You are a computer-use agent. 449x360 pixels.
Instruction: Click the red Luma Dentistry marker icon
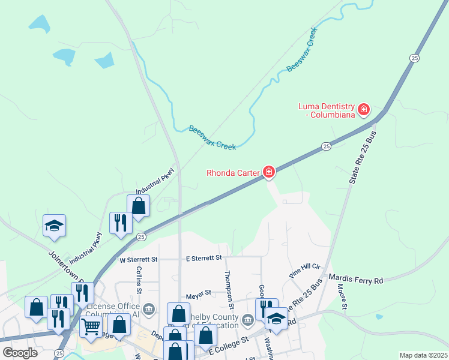click(363, 110)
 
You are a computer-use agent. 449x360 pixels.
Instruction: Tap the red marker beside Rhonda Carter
click(269, 173)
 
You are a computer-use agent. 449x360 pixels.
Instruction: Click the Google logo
click(20, 353)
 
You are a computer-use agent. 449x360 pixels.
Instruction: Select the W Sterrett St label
click(138, 260)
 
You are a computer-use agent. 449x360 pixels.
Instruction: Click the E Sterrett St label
click(203, 257)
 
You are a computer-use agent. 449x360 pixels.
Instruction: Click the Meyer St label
click(199, 293)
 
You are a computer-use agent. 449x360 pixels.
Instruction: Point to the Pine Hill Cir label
click(305, 268)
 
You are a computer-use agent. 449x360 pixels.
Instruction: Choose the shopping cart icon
click(91, 326)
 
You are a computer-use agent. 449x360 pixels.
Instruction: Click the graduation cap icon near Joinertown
click(54, 226)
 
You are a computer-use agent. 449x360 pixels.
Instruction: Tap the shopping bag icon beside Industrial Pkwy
click(138, 205)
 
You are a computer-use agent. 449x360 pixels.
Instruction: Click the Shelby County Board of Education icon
click(248, 318)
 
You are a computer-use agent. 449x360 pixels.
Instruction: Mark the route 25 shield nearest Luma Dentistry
click(414, 58)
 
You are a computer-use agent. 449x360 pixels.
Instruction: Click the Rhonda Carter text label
click(232, 173)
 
